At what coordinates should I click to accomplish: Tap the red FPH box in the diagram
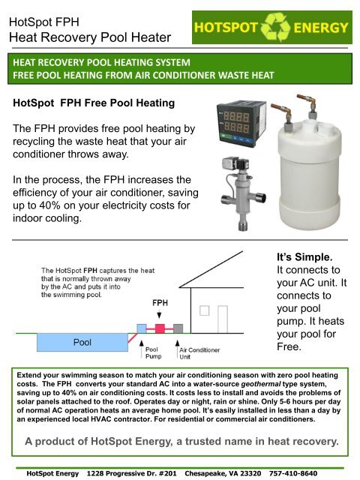[x=159, y=329]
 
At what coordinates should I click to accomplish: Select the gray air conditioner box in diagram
[x=178, y=329]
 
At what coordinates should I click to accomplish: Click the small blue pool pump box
[x=142, y=329]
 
